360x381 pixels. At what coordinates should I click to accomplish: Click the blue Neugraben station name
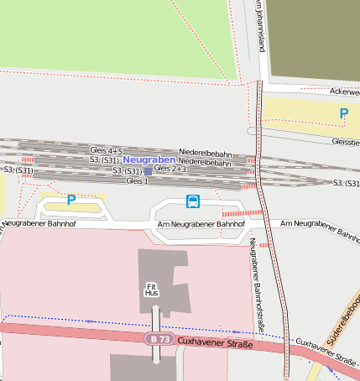pyautogui.click(x=149, y=159)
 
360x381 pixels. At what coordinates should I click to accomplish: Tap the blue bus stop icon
pyautogui.click(x=193, y=201)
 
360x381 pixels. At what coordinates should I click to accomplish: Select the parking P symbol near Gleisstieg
pyautogui.click(x=343, y=113)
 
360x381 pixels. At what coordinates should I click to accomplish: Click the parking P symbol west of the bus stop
pyautogui.click(x=71, y=200)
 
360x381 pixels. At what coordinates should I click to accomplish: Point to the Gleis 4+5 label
pyautogui.click(x=106, y=151)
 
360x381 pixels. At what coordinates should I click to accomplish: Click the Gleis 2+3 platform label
pyautogui.click(x=170, y=169)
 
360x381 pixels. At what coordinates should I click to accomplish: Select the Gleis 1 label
pyautogui.click(x=137, y=180)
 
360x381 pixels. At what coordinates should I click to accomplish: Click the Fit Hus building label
pyautogui.click(x=152, y=290)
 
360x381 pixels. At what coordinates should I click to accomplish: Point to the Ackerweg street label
pyautogui.click(x=344, y=91)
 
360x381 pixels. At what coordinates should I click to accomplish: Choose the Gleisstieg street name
pyautogui.click(x=345, y=143)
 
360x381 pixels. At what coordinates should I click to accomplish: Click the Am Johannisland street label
pyautogui.click(x=260, y=25)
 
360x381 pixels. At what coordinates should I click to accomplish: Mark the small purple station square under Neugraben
pyautogui.click(x=149, y=170)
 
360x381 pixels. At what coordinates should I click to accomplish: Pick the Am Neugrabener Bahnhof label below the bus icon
pyautogui.click(x=201, y=225)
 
